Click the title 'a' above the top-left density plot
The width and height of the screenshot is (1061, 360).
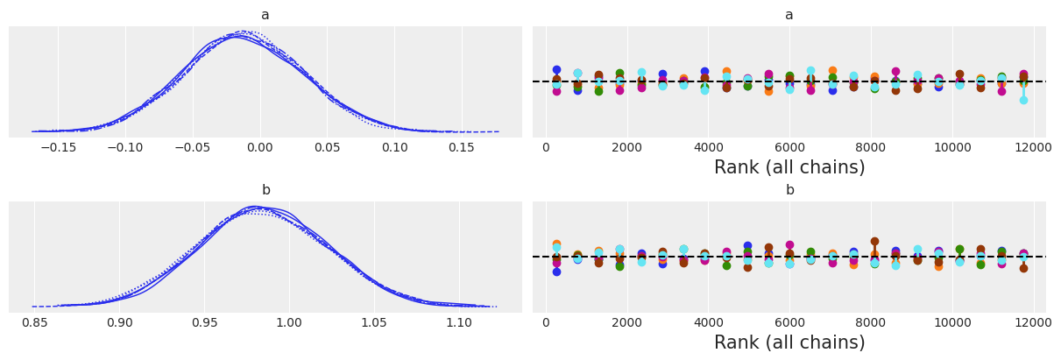pos(265,15)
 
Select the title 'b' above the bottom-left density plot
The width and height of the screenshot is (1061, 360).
pos(265,190)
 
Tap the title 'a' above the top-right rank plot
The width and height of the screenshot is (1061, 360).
pos(789,15)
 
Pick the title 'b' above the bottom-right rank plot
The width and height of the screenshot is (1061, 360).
pos(789,190)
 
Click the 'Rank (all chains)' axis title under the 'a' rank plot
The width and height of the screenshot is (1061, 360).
pos(789,167)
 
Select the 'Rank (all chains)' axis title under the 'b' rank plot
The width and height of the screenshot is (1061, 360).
pos(789,342)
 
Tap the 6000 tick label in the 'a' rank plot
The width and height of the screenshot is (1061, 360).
pos(789,147)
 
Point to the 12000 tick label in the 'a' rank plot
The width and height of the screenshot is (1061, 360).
pos(1034,147)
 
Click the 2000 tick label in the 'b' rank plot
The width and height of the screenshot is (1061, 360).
pos(626,322)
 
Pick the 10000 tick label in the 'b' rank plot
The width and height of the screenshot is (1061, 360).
pos(952,322)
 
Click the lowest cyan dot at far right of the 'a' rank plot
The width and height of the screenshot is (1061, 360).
pos(1023,100)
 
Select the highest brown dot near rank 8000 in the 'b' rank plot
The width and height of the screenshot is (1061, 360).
pos(874,241)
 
